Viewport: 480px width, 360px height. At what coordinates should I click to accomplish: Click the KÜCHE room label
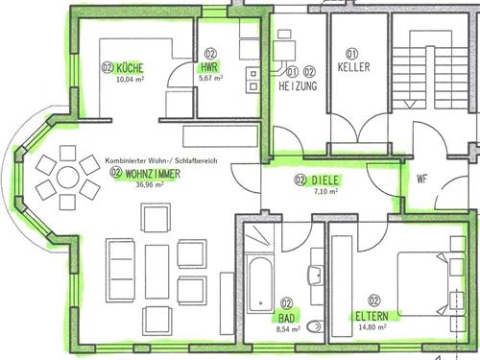point(130,68)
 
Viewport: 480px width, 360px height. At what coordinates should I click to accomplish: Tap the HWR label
point(209,67)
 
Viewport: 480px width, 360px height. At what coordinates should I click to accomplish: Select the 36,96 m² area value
point(150,184)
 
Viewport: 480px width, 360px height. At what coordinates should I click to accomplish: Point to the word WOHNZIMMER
point(153,174)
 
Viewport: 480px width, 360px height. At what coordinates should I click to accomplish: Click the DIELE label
point(324,180)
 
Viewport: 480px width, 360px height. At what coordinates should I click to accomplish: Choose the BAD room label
point(286,318)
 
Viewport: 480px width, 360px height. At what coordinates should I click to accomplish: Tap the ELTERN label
point(372,316)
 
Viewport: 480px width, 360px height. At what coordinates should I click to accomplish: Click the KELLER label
point(353,67)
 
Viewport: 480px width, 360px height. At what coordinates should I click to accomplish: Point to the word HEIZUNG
point(298,85)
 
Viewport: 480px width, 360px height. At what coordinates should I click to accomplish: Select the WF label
point(422,179)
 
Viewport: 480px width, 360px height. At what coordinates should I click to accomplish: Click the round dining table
point(67,178)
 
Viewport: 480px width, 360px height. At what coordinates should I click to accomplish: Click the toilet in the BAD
point(314,326)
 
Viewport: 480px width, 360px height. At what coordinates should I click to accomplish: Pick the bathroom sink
point(316,275)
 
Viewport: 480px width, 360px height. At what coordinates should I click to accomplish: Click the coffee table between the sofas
point(156,272)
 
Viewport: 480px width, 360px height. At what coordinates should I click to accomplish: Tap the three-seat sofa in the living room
point(120,270)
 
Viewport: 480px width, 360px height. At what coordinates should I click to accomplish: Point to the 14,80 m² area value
point(372,327)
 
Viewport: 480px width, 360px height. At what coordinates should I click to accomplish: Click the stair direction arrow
point(410,105)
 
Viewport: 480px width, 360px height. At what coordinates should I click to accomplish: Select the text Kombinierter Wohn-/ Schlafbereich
point(161,160)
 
